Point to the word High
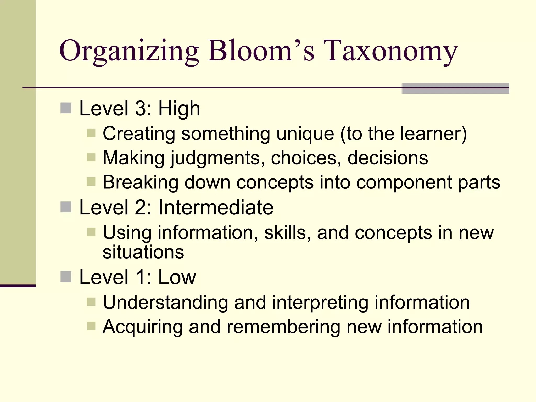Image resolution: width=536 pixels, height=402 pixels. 179,108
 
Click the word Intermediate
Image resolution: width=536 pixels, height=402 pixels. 216,207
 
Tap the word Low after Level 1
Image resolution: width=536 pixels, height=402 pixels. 177,277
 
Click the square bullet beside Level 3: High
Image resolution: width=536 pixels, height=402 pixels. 66,108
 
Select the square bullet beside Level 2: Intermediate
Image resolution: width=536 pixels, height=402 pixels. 66,207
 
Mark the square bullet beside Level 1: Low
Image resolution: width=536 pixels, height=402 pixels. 66,277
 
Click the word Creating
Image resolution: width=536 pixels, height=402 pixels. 139,134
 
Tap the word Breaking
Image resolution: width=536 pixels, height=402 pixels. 140,182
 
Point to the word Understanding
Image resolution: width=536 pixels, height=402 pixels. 165,303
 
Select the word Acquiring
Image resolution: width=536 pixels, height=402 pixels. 142,327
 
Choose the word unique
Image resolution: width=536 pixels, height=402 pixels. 305,134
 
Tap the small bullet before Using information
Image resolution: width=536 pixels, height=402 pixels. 91,232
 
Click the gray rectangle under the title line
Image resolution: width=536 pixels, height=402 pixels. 455,88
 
